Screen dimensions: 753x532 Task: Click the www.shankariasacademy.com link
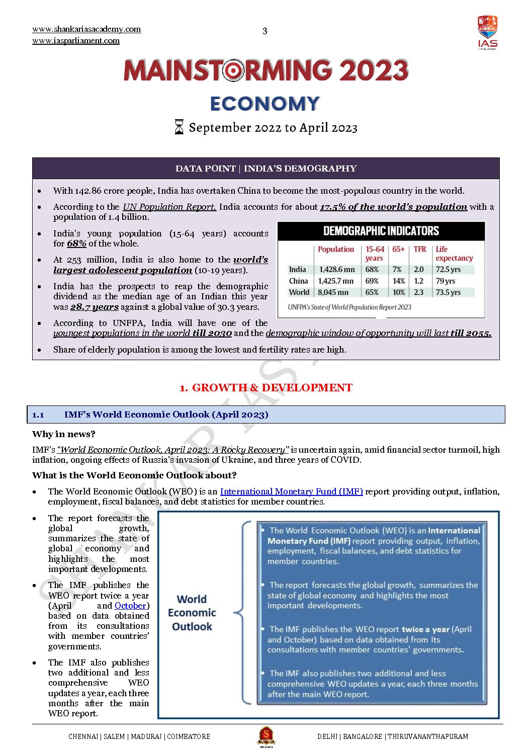pos(86,29)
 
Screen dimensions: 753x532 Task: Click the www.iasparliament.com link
pos(76,41)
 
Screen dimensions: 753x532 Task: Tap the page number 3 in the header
pos(265,31)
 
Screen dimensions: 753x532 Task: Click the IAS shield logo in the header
pos(487,32)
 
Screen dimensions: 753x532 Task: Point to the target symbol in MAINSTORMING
pos(233,71)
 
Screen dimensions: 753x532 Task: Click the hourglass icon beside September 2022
pos(179,127)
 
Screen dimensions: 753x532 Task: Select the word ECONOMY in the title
pos(265,104)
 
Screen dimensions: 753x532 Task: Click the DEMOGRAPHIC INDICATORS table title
pos(381,231)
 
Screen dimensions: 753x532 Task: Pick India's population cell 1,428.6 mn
pos(337,270)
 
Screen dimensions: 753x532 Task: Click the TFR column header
pos(420,249)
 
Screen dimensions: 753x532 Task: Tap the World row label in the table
pos(299,292)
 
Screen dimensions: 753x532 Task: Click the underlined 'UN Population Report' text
pos(169,207)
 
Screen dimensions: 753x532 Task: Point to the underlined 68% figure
pos(76,243)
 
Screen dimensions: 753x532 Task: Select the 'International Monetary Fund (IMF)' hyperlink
pos(291,491)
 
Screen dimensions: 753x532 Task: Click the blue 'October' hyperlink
pos(130,606)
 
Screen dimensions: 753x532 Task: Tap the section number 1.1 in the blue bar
pos(38,415)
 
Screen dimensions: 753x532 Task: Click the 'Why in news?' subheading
pos(63,434)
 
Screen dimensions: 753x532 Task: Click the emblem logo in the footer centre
pos(266,736)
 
